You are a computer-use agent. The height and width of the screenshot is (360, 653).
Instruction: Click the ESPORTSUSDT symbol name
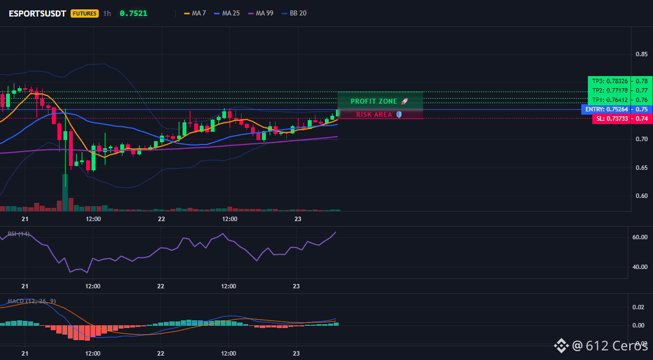pos(38,13)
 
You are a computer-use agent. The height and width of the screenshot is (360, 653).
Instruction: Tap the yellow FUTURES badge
pos(84,13)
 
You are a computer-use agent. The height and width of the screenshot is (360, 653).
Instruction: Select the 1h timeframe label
pos(107,13)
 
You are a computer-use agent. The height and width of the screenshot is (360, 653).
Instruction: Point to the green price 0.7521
pos(133,13)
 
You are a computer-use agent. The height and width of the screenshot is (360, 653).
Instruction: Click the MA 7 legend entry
pos(195,13)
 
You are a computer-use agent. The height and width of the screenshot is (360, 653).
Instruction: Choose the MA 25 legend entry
pos(227,13)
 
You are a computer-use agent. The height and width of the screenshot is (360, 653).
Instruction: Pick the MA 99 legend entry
pos(260,13)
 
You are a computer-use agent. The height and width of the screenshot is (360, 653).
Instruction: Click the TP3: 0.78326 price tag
pos(609,80)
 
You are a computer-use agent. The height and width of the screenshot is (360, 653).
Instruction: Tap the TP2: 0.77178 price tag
pos(609,90)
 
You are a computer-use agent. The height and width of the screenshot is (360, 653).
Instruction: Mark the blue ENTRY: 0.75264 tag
pos(606,110)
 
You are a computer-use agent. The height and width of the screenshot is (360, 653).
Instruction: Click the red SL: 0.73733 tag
pos(611,119)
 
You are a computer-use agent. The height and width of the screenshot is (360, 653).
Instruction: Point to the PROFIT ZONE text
pos(374,101)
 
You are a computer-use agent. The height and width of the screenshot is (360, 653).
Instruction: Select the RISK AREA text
pos(374,115)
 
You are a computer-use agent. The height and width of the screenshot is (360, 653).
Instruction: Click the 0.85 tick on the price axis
pos(642,54)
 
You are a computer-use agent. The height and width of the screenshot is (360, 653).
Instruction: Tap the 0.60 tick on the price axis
pos(642,196)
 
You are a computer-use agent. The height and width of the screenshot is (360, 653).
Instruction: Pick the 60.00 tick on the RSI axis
pos(639,237)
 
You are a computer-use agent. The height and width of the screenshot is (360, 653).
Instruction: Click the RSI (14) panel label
pos(19,234)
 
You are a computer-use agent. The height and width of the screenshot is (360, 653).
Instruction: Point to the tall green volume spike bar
pos(65,193)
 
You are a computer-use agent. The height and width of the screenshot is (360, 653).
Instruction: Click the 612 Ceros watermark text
pos(617,345)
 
